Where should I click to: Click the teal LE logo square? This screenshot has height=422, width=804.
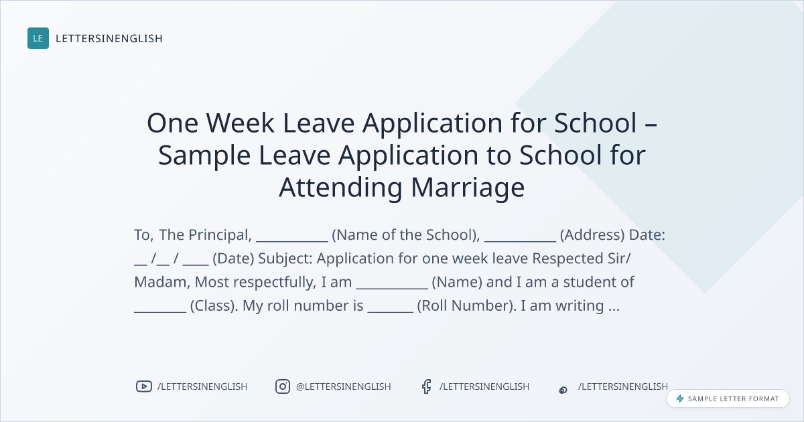[x=38, y=38]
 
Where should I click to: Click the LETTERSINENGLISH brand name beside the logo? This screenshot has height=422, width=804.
[x=109, y=38]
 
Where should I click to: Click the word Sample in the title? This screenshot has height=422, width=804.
[x=204, y=155]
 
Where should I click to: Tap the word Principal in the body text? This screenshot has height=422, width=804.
[x=218, y=235]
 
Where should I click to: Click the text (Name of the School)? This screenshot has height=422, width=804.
[x=406, y=235]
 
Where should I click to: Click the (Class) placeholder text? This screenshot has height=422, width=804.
[x=214, y=305]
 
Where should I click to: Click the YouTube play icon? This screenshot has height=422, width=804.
[x=144, y=386]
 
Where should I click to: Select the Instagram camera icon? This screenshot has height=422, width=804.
[x=283, y=386]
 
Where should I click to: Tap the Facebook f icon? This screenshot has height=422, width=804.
[x=426, y=386]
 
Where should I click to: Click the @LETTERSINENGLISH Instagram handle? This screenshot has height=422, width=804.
[x=344, y=386]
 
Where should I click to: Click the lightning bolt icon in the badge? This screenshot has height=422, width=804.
[x=680, y=399]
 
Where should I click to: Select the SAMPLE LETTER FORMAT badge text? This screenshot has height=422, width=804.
[x=733, y=399]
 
